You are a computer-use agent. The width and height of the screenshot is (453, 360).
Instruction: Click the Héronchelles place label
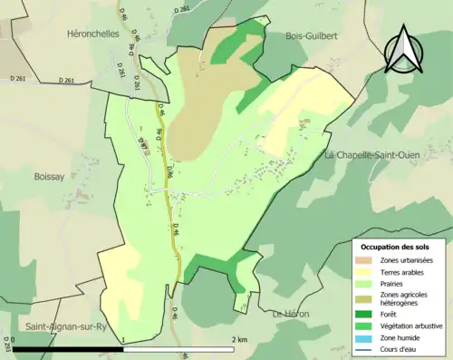click(94, 33)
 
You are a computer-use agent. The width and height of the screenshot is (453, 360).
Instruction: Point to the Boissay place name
click(52, 178)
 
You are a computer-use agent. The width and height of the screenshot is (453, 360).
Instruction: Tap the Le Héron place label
click(290, 314)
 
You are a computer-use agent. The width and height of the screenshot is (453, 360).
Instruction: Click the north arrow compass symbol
click(404, 50)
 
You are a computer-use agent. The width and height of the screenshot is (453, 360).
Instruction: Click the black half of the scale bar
click(69, 348)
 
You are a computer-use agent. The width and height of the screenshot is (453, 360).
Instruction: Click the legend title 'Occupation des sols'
click(397, 247)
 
